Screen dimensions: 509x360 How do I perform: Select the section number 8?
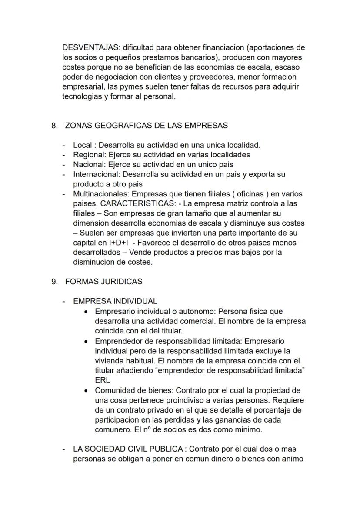(x=54, y=126)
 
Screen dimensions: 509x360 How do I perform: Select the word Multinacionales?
(x=101, y=194)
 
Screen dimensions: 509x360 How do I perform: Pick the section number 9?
(x=54, y=282)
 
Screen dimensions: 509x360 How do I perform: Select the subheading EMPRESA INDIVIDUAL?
(x=115, y=301)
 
